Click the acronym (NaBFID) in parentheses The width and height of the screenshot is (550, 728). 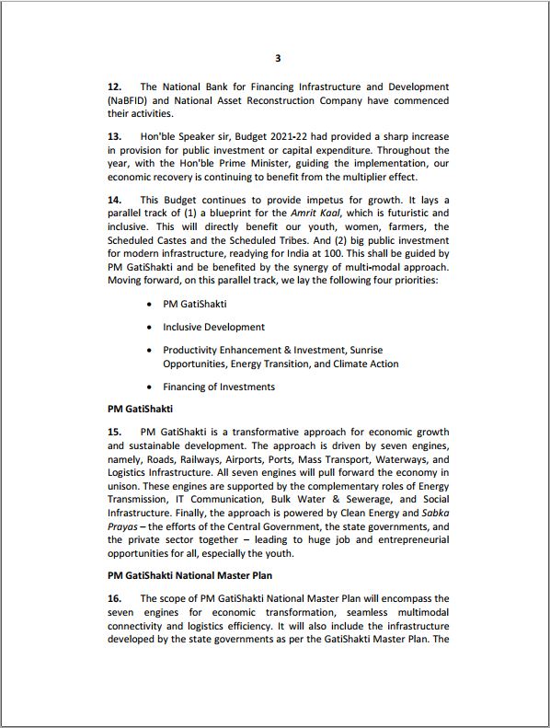coord(131,101)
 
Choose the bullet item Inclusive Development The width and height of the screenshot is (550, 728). coord(213,327)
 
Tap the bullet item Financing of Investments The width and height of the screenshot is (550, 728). coord(219,387)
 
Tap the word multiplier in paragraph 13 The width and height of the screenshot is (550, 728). coord(368,177)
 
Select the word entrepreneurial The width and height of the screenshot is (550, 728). coord(403,539)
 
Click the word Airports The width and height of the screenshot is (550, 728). coord(286,458)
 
